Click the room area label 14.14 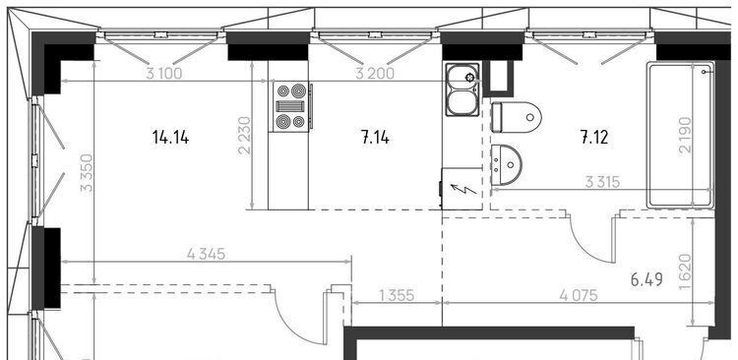[170, 138]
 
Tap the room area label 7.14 [375, 138]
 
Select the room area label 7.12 [594, 138]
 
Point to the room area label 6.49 [646, 279]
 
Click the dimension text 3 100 [163, 74]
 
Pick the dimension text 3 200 [375, 74]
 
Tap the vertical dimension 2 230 [245, 136]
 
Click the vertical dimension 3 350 [87, 173]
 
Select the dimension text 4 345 [207, 254]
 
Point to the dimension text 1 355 [397, 295]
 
